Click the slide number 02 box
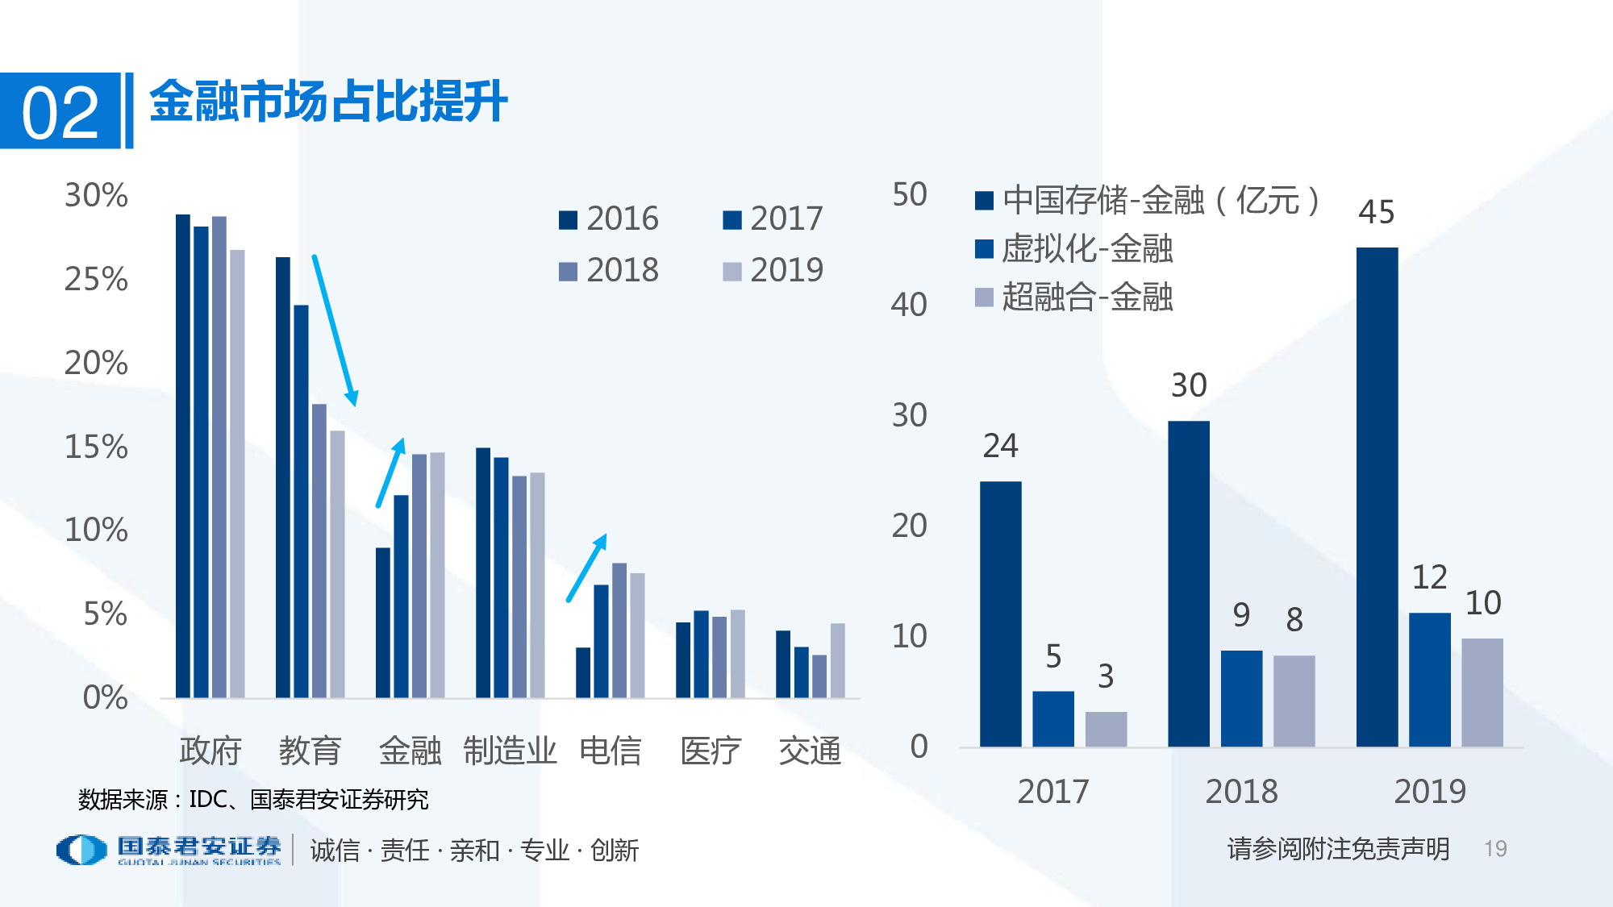click(60, 111)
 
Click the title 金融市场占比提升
click(328, 102)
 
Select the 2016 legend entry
click(609, 218)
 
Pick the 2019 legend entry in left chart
click(773, 270)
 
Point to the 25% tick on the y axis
click(96, 280)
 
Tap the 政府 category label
click(210, 751)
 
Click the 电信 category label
click(610, 751)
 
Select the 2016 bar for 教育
click(283, 477)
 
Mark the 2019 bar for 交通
click(838, 660)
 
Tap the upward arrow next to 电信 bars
click(586, 568)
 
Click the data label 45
click(1376, 213)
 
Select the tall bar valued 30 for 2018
click(1189, 583)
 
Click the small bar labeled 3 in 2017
click(1106, 729)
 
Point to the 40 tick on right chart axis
click(909, 305)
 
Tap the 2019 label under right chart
click(1429, 792)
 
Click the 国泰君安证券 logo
click(169, 850)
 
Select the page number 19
click(1495, 849)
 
